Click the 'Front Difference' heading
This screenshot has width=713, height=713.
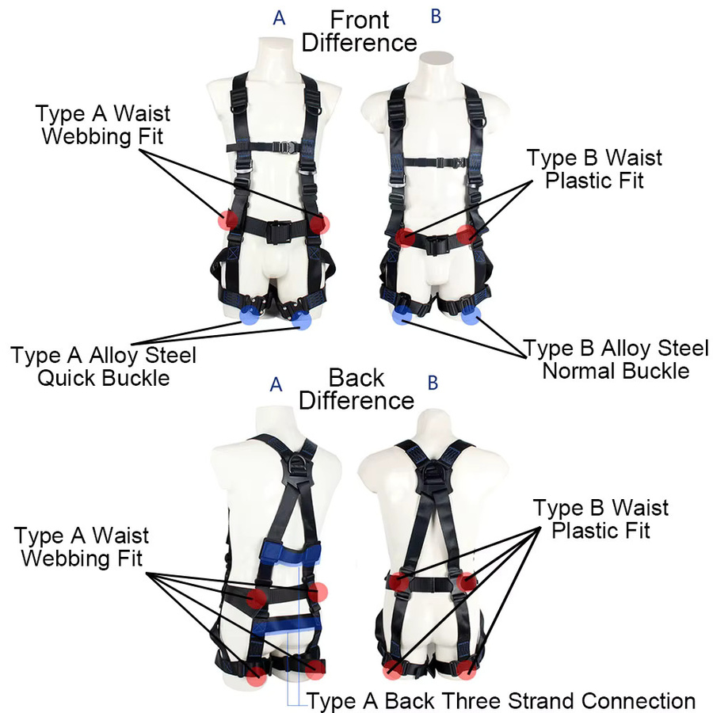pos(359,32)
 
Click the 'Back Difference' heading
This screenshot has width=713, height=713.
pos(356,389)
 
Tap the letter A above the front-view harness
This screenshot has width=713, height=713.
pos(279,18)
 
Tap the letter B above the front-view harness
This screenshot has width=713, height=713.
pos(436,17)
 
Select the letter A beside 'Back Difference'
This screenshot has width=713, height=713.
pos(276,385)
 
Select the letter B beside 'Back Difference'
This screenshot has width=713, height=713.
pos(433,383)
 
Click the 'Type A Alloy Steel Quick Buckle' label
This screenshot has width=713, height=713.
pos(103,367)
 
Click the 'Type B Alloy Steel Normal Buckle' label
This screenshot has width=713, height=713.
pos(616,360)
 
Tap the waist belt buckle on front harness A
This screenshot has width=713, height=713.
pos(278,231)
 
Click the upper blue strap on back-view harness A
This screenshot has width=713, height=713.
pos(291,552)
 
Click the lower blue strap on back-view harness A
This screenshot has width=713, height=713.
pos(287,625)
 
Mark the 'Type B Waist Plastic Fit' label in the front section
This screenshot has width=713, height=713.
pos(594,170)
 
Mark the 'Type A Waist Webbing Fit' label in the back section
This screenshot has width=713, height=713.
pos(82,547)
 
